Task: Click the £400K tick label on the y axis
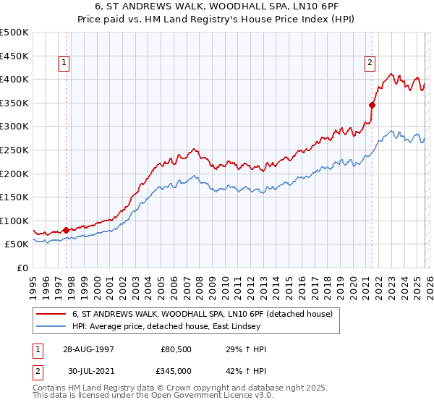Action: coord(14,79)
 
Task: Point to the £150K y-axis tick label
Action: coord(14,197)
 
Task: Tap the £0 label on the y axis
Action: coord(22,268)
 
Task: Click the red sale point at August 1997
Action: coord(67,230)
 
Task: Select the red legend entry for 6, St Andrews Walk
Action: coord(202,314)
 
